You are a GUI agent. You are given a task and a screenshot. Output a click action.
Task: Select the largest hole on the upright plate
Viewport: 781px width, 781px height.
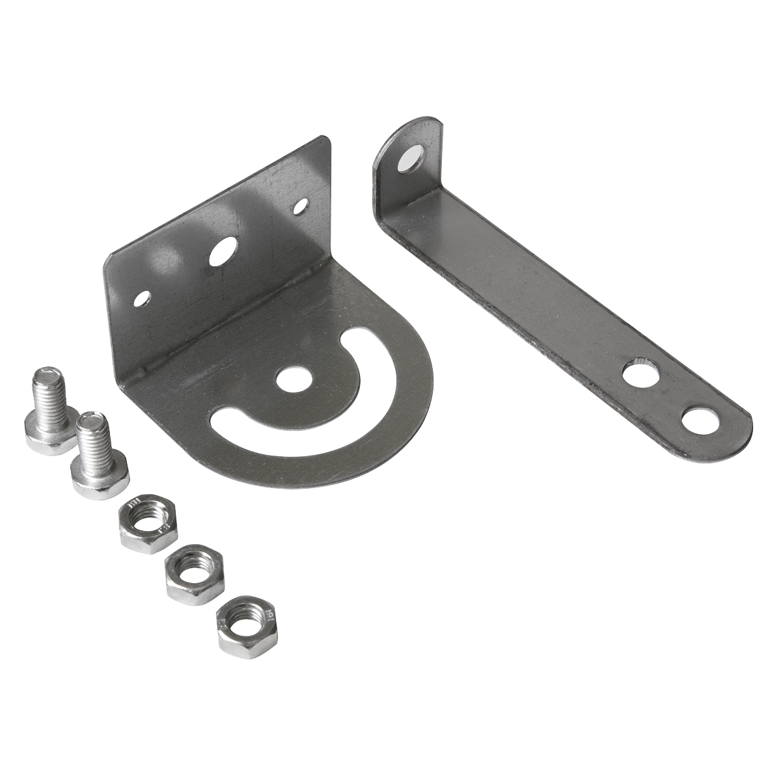223,252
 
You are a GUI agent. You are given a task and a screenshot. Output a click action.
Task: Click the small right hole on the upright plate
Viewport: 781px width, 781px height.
301,207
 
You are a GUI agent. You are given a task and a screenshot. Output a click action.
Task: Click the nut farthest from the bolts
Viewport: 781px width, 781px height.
244,621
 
